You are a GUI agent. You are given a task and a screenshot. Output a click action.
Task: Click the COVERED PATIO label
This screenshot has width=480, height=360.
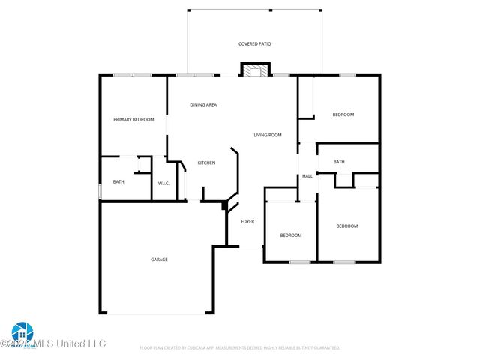pos(254,44)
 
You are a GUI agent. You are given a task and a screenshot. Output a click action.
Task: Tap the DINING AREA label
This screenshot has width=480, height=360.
pos(203,105)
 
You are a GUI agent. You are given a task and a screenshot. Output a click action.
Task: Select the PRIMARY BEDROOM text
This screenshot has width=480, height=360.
pos(133,120)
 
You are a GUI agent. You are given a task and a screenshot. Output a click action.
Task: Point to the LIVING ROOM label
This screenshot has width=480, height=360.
pos(268,135)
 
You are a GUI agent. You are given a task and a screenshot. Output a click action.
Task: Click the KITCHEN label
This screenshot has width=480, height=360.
pos(206,163)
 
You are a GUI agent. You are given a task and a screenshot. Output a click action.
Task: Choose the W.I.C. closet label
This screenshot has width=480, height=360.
pos(164,184)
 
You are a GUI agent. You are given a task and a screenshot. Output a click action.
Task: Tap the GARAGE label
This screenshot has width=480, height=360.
pos(159,259)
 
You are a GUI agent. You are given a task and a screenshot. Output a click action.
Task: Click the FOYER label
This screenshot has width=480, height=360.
pos(247,222)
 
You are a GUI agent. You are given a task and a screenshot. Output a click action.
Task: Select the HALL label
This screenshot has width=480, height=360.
pos(307,176)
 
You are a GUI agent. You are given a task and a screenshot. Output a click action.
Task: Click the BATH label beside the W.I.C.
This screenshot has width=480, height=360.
pos(118,182)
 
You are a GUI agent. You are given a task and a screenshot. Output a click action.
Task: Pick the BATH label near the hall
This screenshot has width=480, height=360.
pos(339,162)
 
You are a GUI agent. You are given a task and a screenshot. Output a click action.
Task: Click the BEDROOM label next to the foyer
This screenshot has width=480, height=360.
pos(291,235)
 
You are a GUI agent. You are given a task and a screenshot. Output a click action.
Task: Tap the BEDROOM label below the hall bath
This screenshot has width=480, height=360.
pos(346,226)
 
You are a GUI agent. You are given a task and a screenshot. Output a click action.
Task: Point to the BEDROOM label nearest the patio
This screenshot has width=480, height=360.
pos(343,115)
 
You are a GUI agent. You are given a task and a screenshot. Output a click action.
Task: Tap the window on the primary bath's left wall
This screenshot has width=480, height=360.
pos(100,190)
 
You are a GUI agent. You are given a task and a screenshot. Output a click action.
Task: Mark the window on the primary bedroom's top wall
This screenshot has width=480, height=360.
pos(132,74)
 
